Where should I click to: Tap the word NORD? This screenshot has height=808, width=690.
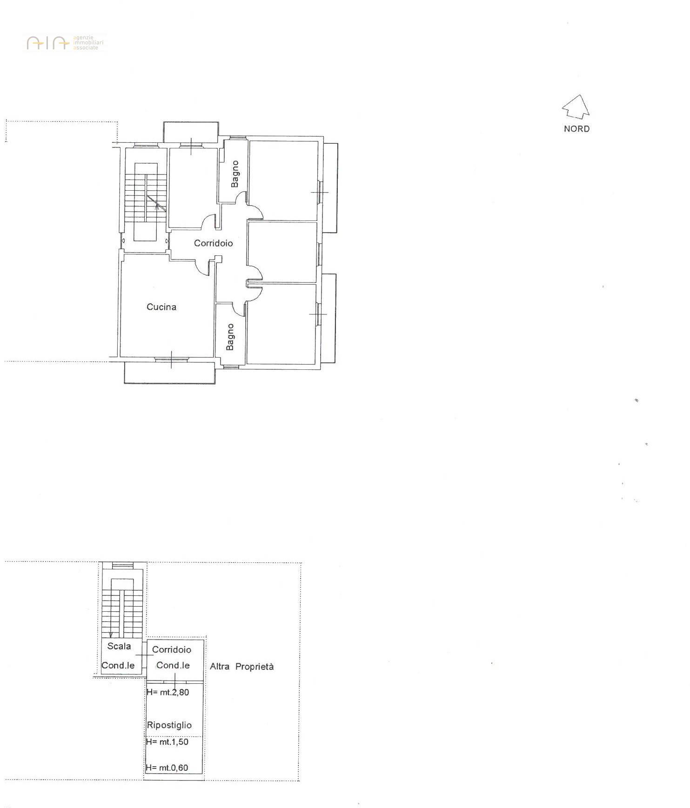(x=576, y=129)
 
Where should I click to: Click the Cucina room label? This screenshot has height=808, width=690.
(x=161, y=307)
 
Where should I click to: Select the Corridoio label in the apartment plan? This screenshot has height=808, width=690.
(x=213, y=243)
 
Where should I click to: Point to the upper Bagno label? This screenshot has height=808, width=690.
(x=235, y=174)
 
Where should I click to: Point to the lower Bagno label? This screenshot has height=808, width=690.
(x=230, y=337)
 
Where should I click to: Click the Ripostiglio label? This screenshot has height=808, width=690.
(x=169, y=725)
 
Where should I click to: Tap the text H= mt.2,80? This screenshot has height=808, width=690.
(x=167, y=692)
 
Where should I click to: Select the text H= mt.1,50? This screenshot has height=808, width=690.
(x=167, y=741)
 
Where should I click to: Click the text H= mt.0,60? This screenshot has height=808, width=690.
(x=167, y=768)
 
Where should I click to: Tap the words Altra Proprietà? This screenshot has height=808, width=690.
(x=241, y=666)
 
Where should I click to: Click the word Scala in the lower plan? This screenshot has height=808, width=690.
(x=119, y=646)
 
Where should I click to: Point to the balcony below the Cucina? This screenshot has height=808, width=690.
(x=170, y=373)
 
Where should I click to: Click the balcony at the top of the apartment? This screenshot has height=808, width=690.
(x=191, y=133)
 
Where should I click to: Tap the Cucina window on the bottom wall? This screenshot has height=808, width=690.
(x=171, y=359)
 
